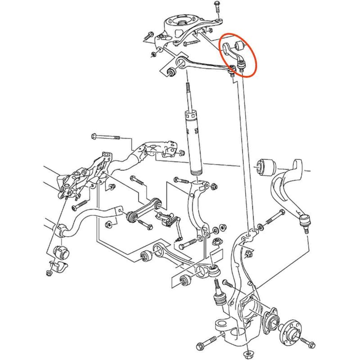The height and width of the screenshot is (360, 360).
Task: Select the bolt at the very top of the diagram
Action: [x=216, y=7]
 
